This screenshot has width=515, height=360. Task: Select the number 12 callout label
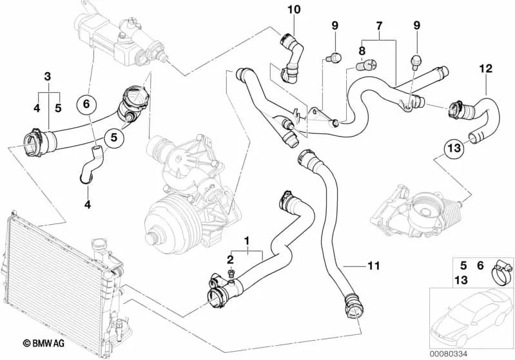coord(485,68)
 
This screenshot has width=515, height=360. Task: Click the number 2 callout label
coord(229,259)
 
